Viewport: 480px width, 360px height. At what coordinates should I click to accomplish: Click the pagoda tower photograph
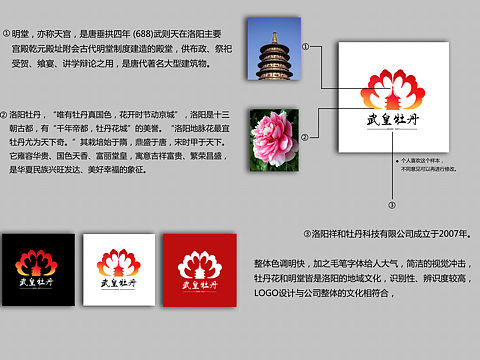(x=272, y=55)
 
